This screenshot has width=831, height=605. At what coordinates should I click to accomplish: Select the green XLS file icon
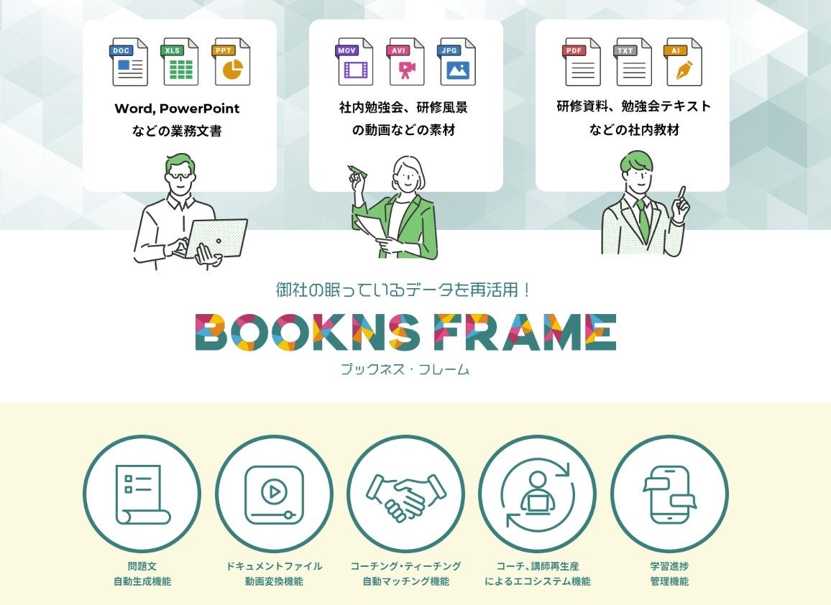(x=180, y=62)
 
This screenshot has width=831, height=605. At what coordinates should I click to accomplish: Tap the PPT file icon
(x=231, y=62)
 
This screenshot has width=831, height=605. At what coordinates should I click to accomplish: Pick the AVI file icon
(x=406, y=62)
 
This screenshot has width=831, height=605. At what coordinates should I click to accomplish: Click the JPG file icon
(x=457, y=62)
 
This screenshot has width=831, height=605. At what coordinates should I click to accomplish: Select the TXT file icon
(x=633, y=62)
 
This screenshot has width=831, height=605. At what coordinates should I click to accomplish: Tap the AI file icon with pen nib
(x=684, y=62)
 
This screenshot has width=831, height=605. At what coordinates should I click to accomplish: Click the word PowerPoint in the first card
(x=199, y=109)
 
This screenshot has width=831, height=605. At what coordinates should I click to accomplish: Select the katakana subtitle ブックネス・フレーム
(x=405, y=370)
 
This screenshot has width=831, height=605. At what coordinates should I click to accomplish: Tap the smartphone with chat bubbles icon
(x=669, y=494)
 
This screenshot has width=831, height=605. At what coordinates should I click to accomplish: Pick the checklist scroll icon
(x=142, y=494)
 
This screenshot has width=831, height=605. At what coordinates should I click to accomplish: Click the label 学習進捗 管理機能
(x=669, y=573)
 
